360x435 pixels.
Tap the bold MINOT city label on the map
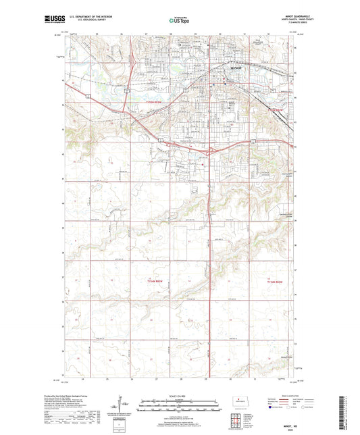click(231, 68)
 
